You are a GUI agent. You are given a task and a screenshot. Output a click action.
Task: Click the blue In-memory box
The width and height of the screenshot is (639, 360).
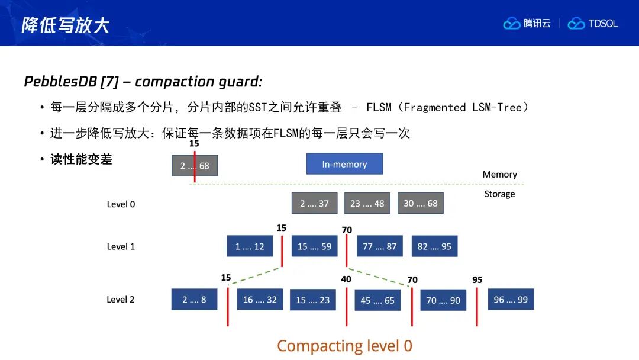click(x=344, y=164)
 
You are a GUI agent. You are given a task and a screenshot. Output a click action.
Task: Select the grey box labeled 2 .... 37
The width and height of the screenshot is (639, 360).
click(x=315, y=203)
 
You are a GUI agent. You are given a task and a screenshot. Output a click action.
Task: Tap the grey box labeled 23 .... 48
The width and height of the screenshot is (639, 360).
click(x=367, y=203)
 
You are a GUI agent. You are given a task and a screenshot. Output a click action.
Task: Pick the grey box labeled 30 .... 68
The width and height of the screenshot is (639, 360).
click(x=421, y=203)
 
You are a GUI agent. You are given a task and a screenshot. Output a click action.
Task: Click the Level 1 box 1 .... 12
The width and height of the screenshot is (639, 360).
click(x=250, y=246)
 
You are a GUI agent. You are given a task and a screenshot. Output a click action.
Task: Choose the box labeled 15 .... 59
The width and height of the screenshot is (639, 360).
click(x=315, y=246)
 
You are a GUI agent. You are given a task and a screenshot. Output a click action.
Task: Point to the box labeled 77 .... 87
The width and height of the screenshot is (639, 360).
click(x=379, y=246)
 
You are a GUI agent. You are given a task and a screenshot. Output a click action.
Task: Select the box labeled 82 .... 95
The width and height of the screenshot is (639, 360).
click(x=434, y=246)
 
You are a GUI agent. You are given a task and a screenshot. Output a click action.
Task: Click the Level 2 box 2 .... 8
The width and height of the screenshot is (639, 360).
click(x=195, y=299)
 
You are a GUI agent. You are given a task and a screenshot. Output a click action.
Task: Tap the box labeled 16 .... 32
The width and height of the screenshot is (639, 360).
click(x=260, y=299)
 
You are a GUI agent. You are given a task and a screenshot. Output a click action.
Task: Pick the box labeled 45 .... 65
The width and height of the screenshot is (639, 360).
click(x=377, y=300)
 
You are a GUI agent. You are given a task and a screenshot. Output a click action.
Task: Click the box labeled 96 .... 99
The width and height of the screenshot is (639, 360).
click(x=511, y=299)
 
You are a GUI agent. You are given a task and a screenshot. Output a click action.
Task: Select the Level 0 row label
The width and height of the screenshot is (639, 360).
click(x=121, y=204)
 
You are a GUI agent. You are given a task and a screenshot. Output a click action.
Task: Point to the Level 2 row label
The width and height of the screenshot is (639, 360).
click(x=121, y=299)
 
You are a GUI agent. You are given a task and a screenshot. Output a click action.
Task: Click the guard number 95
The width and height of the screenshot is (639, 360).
click(x=477, y=279)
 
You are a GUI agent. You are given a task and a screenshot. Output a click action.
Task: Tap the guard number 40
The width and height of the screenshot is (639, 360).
click(x=346, y=279)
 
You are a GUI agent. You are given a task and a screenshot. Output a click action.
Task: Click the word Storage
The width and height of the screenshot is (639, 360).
click(x=499, y=194)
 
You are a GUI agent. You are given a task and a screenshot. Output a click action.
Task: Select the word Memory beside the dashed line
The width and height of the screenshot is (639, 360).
click(x=499, y=175)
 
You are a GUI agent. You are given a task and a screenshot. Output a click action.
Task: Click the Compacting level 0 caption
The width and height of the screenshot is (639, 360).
click(x=345, y=346)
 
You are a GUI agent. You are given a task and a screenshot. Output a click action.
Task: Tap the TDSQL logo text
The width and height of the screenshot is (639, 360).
click(x=603, y=24)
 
